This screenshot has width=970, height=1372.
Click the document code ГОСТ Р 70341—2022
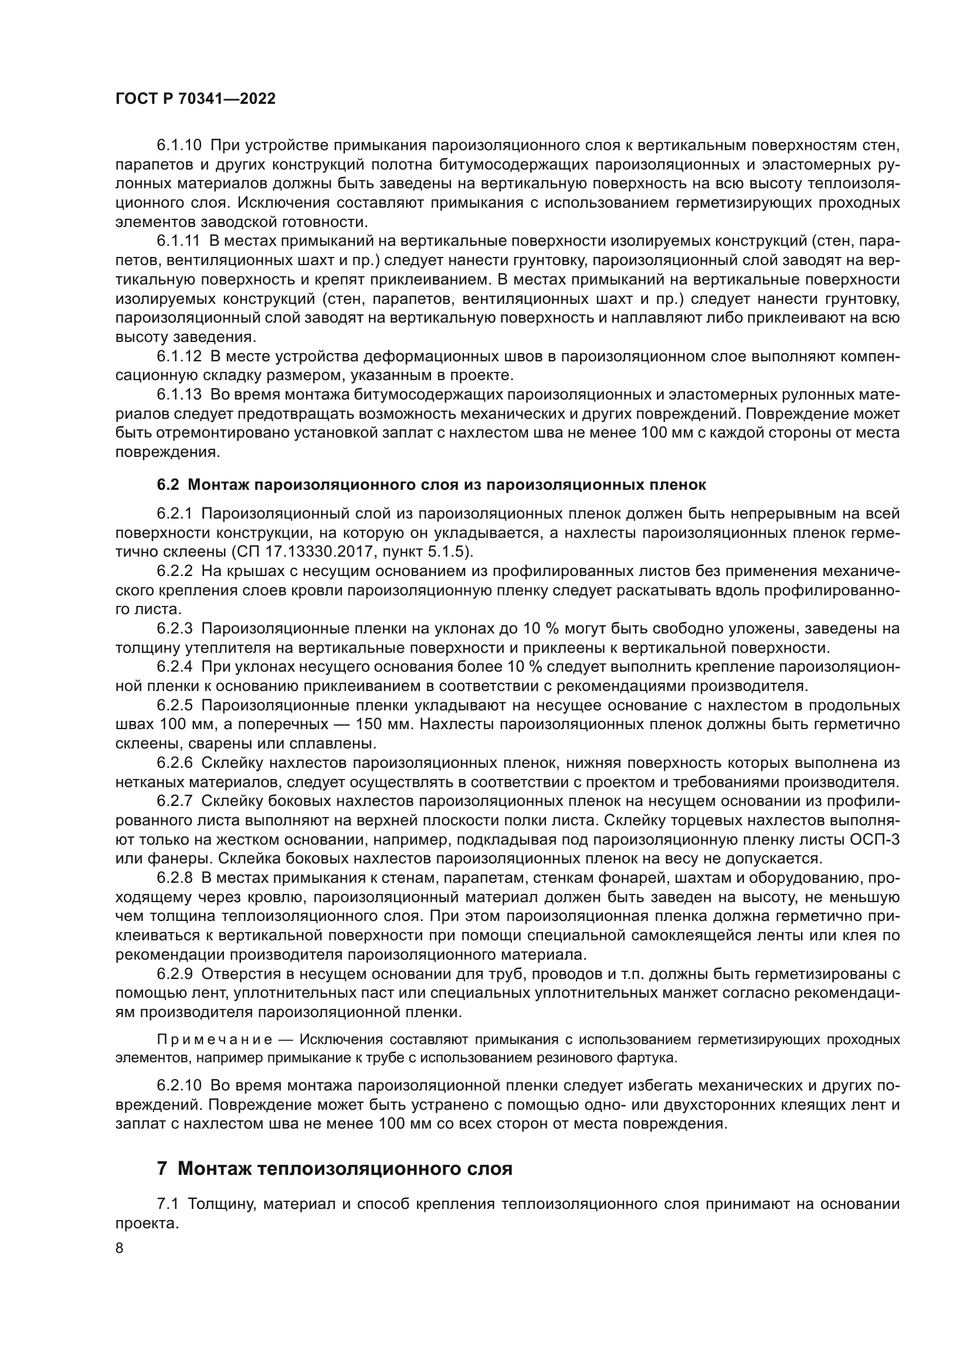195,99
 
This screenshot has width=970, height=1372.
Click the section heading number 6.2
168,485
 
